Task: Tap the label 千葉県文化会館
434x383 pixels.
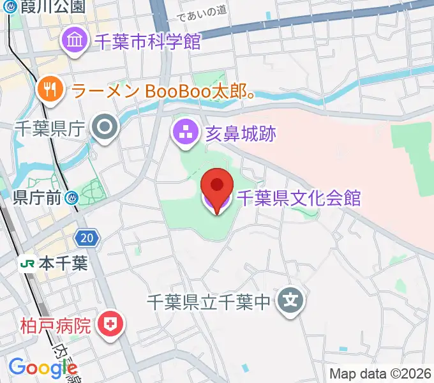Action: click(299, 198)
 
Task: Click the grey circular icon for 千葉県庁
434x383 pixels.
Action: click(104, 128)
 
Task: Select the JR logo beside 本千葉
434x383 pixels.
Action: click(27, 263)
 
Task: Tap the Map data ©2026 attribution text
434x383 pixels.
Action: click(380, 373)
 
